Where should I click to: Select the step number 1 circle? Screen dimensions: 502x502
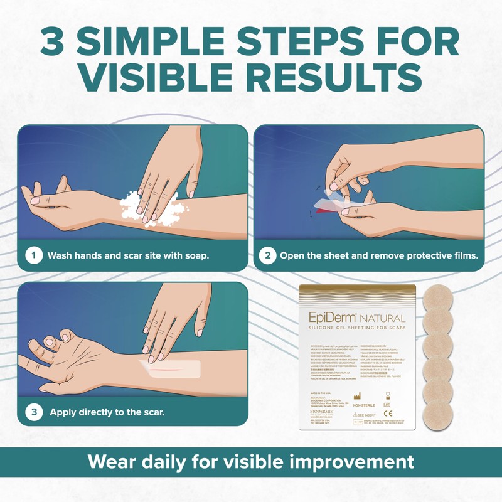pyautogui.click(x=35, y=255)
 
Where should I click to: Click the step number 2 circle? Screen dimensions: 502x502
pyautogui.click(x=269, y=255)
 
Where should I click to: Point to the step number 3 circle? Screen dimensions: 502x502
pyautogui.click(x=35, y=395)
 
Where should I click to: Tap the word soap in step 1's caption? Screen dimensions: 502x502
pyautogui.click(x=192, y=256)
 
